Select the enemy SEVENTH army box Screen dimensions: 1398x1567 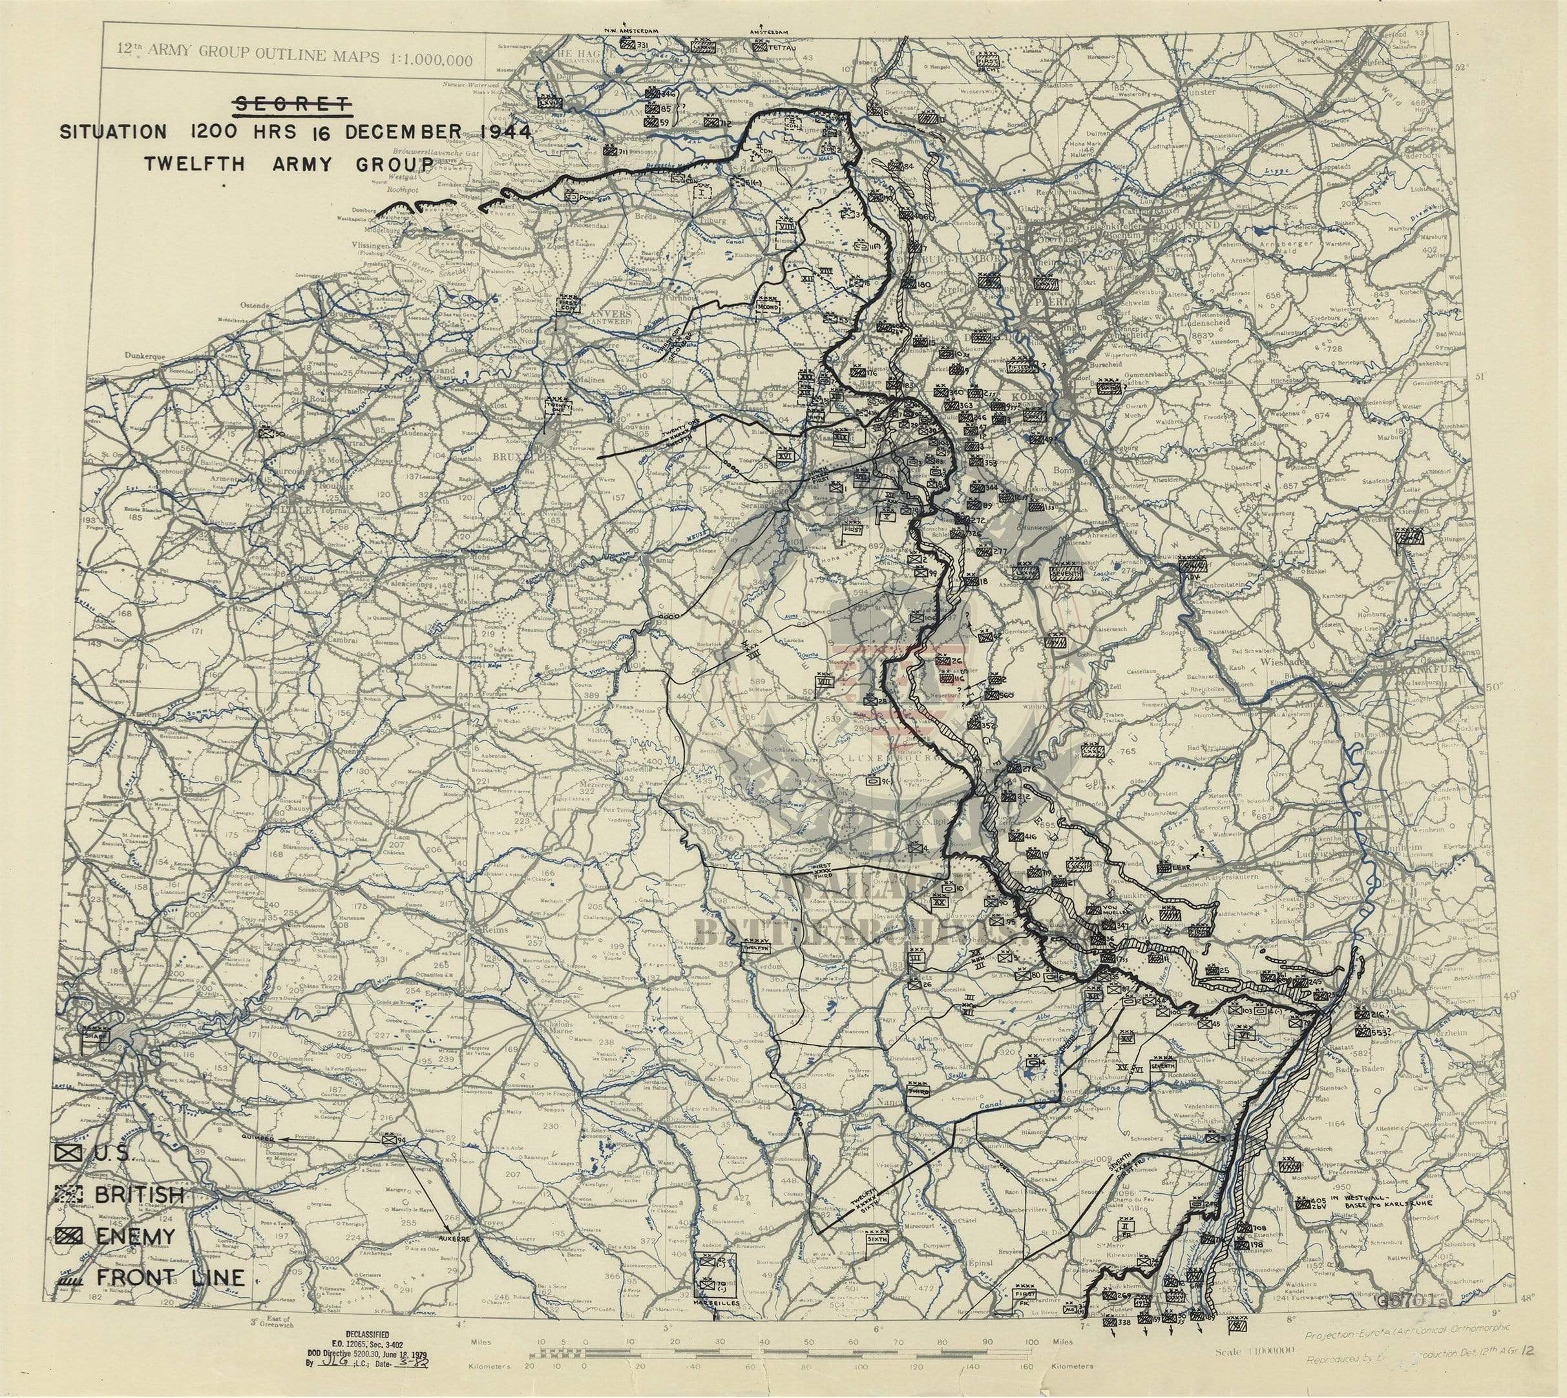(1066, 572)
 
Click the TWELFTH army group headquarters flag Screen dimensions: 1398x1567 (755, 948)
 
